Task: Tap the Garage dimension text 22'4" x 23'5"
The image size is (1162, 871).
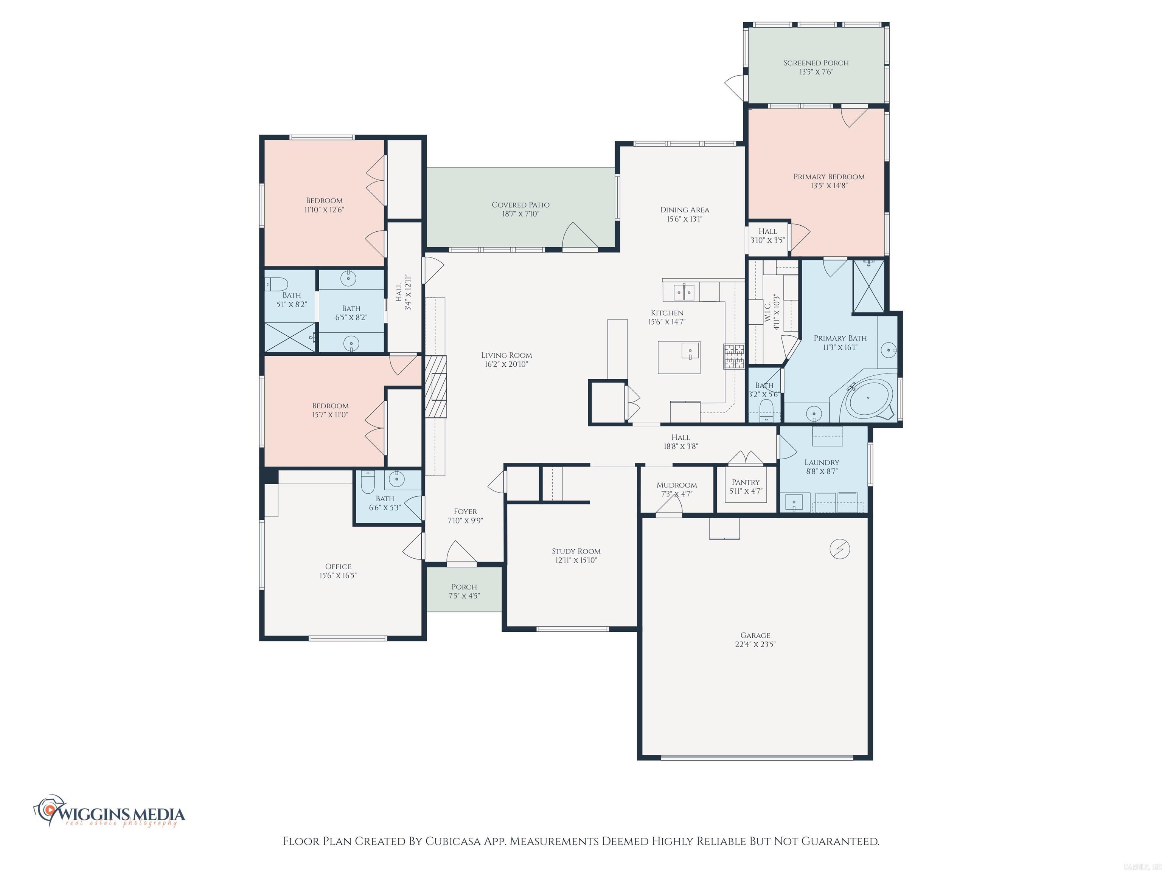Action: coord(755,644)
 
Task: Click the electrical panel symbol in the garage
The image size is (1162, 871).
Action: coord(839,549)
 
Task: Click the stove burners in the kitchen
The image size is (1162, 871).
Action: coord(734,356)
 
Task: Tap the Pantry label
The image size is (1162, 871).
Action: coord(746,482)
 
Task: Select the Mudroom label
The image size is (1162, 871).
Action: coord(677,485)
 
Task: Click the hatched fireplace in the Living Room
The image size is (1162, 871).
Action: coord(435,387)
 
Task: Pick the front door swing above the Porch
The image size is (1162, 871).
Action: coord(461,552)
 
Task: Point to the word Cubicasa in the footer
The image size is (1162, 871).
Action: coord(453,841)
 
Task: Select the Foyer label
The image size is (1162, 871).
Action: coord(465,511)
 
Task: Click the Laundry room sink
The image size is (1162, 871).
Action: coord(793,502)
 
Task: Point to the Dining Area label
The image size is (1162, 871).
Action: coord(685,210)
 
